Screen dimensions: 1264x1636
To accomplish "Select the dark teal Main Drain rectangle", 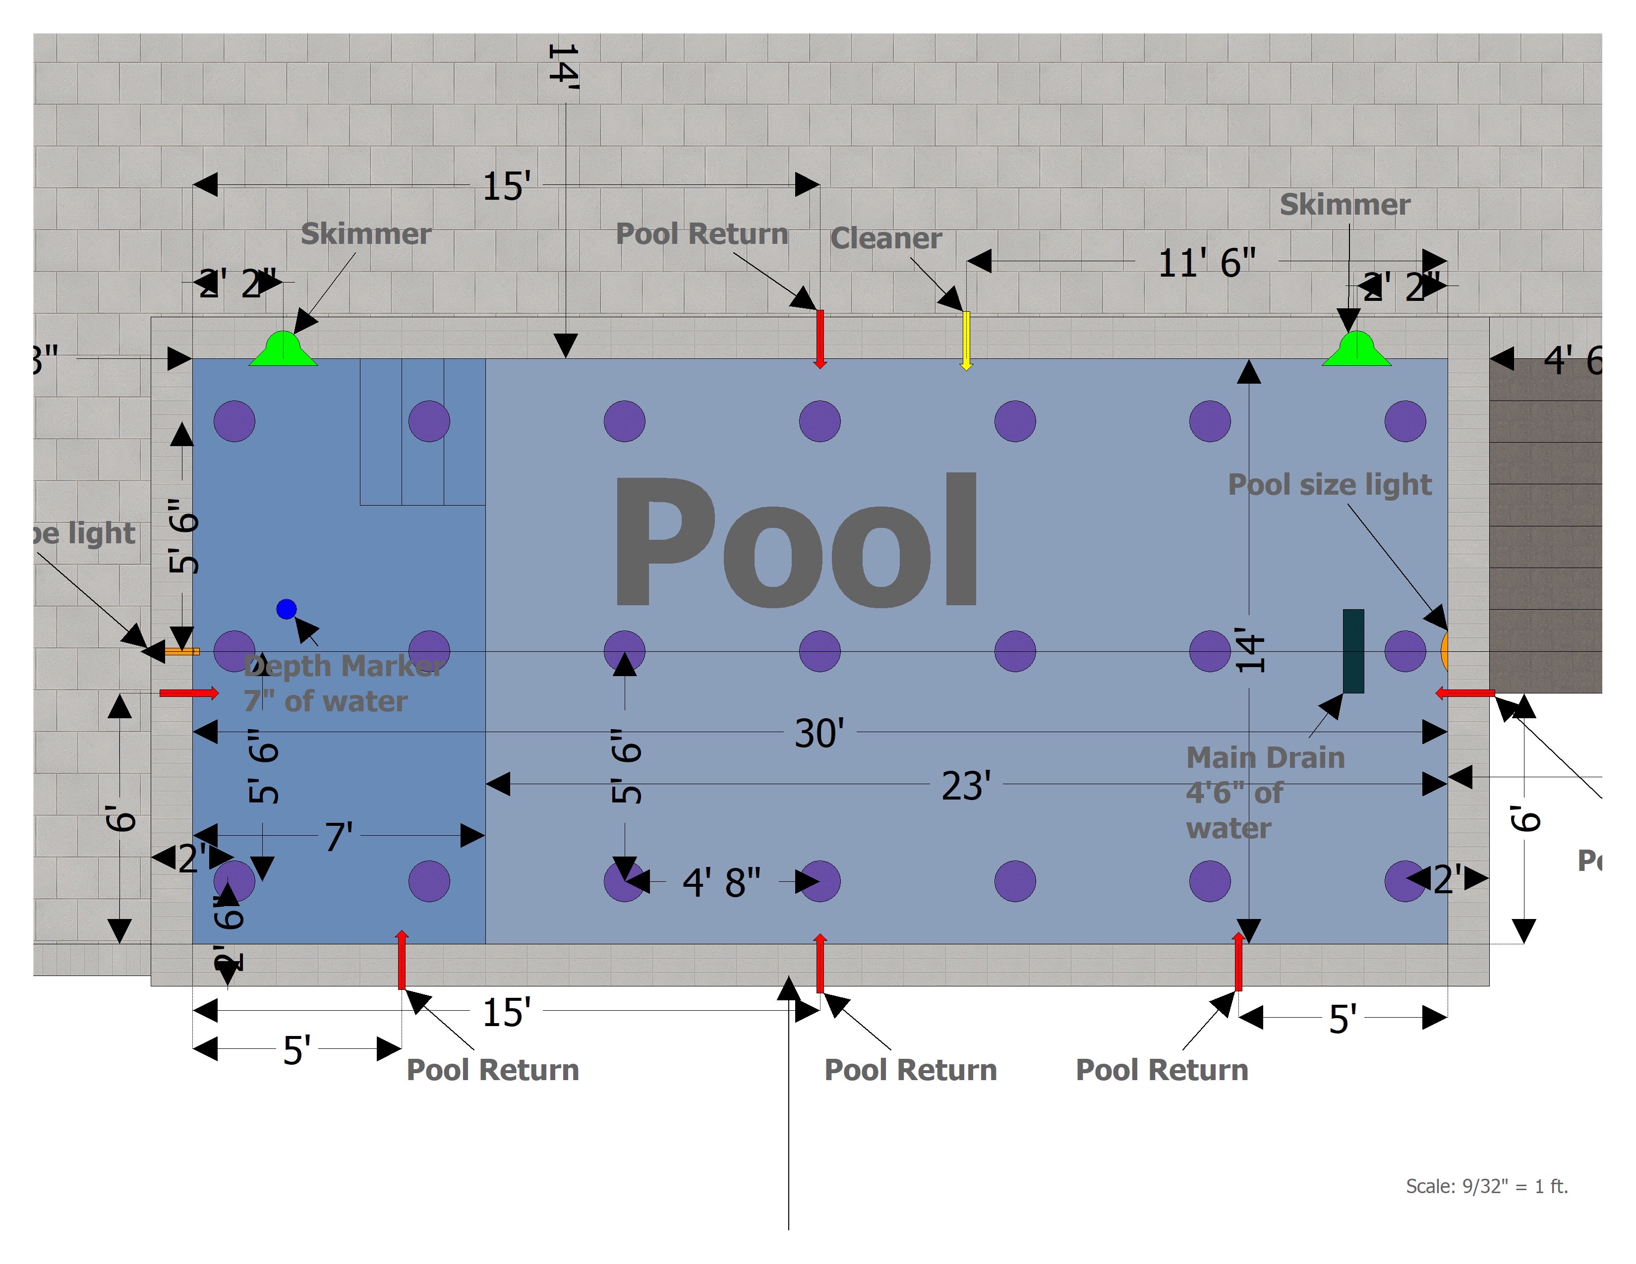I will (1353, 651).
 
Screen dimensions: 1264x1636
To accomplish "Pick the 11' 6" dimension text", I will (1207, 263).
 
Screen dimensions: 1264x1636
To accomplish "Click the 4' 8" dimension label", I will (721, 882).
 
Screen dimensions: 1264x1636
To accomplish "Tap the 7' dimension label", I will (339, 836).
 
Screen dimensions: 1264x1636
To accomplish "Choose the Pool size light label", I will (1330, 484).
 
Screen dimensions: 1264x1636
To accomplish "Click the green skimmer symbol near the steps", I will (283, 349).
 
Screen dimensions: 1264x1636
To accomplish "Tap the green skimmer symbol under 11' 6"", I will (1356, 349).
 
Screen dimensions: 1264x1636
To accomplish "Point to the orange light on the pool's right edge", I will (1444, 651).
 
